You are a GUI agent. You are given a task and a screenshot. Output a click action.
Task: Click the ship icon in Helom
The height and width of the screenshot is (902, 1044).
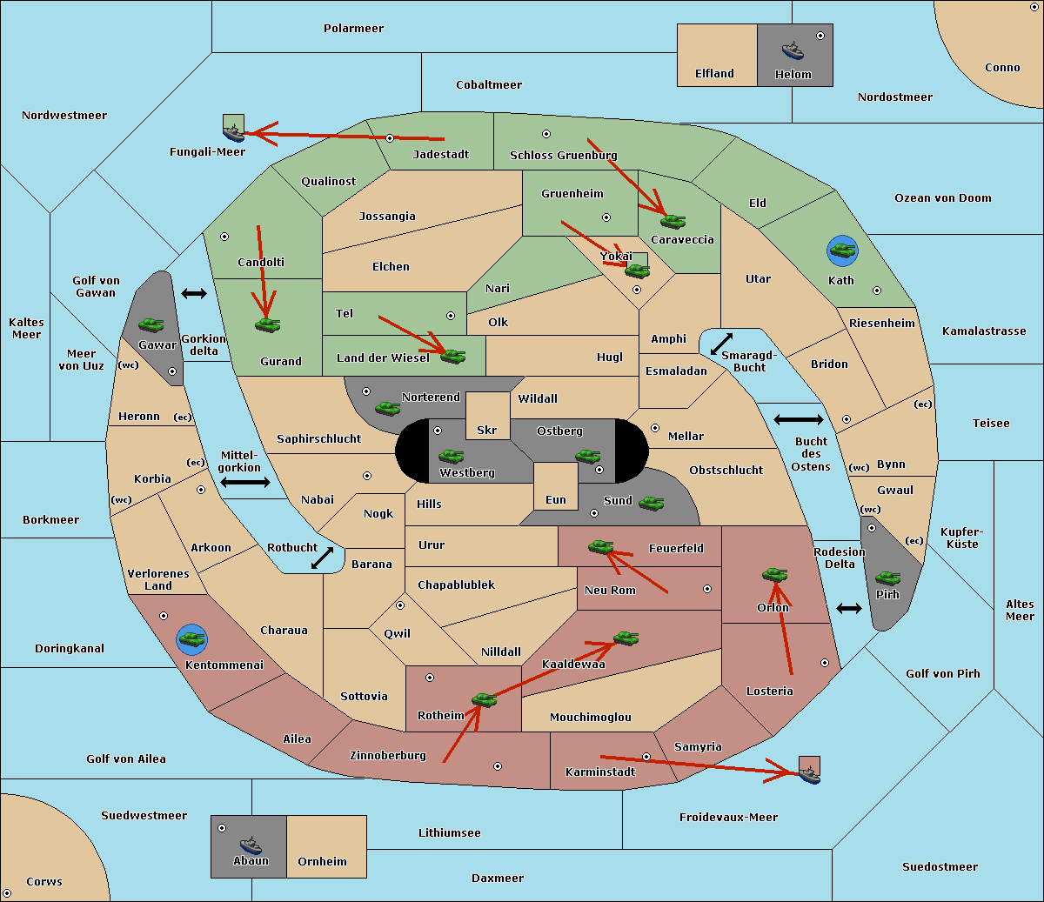tap(793, 50)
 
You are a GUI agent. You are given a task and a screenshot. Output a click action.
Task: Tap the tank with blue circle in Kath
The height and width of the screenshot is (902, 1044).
tap(842, 251)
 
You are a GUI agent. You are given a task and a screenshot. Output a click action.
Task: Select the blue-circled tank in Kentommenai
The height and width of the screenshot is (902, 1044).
tap(192, 639)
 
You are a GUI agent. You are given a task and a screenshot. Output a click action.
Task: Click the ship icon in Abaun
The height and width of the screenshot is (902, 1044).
tap(251, 845)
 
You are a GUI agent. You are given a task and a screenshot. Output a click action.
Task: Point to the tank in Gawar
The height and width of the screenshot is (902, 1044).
tap(151, 324)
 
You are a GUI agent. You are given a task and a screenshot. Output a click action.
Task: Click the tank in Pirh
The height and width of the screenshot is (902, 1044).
tap(888, 578)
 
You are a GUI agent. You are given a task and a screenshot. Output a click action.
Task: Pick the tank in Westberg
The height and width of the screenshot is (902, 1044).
tap(451, 456)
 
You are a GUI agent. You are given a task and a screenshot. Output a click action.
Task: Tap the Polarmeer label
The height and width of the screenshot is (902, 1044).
tap(353, 29)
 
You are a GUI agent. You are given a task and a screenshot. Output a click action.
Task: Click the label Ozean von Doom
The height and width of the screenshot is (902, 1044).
tap(943, 198)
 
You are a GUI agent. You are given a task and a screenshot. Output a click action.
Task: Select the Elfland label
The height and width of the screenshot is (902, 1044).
tap(714, 74)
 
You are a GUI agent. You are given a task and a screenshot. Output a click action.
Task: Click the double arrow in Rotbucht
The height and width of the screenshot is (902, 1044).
tap(322, 558)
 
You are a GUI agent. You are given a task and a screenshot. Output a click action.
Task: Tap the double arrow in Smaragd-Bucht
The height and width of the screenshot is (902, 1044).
tap(721, 344)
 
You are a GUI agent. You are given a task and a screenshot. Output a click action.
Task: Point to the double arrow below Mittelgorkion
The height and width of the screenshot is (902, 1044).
tap(245, 482)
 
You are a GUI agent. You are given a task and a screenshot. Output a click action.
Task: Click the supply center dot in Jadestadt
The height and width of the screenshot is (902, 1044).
tap(390, 138)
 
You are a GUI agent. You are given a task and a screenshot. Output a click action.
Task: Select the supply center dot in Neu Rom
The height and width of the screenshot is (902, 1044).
tap(707, 589)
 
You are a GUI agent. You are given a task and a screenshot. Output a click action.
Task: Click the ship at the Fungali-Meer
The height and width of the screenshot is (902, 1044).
tap(233, 133)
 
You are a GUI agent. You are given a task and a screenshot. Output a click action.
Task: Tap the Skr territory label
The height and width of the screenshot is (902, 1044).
tap(487, 430)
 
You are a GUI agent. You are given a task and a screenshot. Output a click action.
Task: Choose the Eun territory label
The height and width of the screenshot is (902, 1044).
tap(556, 499)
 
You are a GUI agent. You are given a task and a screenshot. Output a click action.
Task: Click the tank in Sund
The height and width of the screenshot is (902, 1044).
tap(651, 503)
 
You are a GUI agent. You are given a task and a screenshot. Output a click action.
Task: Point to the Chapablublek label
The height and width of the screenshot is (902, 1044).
tap(456, 585)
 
